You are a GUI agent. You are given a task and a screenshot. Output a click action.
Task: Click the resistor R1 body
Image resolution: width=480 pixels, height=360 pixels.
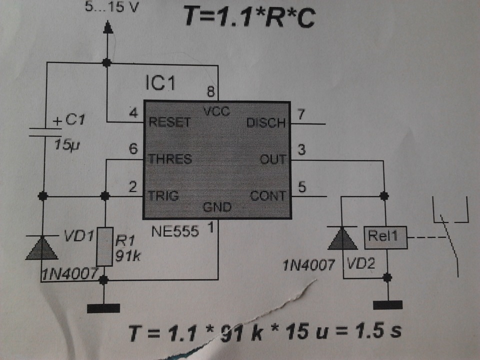coord(104,246)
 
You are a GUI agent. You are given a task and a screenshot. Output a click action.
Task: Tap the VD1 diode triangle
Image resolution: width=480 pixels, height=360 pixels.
coord(42,248)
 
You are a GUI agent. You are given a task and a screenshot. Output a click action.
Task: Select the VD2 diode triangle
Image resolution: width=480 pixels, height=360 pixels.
coord(342,238)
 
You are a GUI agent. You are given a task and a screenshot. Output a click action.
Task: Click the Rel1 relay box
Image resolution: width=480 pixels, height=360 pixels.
coord(385,237)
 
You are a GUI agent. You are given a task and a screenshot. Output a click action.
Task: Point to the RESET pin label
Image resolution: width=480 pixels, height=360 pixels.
coord(169,122)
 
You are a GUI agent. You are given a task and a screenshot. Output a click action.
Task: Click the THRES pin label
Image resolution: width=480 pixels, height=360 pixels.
coord(170,159)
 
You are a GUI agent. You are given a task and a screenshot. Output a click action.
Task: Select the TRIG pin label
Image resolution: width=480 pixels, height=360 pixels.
coord(163,196)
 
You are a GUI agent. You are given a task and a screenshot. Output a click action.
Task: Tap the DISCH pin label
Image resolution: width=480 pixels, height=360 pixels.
coord(266,123)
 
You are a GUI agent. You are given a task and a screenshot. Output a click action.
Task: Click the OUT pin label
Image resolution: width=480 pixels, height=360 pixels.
coord(273,159)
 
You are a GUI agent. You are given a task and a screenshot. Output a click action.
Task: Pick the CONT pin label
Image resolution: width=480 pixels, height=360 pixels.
coord(268,196)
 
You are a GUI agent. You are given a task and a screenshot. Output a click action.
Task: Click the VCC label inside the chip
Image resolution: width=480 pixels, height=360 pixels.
coord(216,111)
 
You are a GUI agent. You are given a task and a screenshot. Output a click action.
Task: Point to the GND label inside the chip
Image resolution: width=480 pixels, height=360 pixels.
coord(217,207)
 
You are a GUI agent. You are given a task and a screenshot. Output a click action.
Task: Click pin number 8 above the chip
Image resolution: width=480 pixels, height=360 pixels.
coord(211,91)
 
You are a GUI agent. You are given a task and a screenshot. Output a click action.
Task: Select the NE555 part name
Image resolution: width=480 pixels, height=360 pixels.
coord(175,231)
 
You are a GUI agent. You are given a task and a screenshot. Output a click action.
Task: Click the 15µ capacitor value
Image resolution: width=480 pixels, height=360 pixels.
coord(66,144)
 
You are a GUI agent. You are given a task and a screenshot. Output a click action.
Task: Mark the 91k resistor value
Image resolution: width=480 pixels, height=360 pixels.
coord(128,255)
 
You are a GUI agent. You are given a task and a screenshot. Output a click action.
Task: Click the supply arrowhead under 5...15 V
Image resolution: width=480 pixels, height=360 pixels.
coord(108,27)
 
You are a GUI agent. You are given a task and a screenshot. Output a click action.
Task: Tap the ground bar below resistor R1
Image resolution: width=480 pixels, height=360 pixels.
coord(103,308)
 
